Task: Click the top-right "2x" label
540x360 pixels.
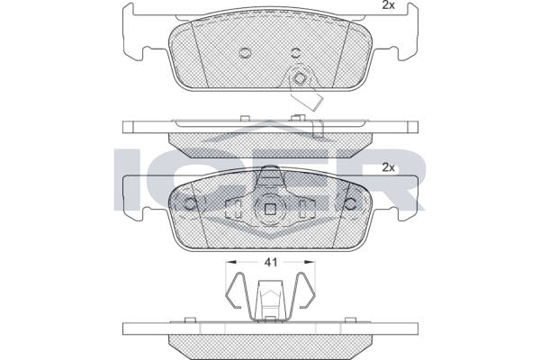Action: tap(388, 5)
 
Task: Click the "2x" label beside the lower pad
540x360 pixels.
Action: tap(388, 167)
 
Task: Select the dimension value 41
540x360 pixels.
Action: tap(270, 263)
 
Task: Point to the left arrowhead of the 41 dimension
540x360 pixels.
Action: tap(230, 262)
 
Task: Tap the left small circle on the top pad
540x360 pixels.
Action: tap(245, 53)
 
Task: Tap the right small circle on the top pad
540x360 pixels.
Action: tap(296, 53)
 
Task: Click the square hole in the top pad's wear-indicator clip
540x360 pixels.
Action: tap(299, 78)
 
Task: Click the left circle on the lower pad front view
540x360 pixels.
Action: tap(189, 204)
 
